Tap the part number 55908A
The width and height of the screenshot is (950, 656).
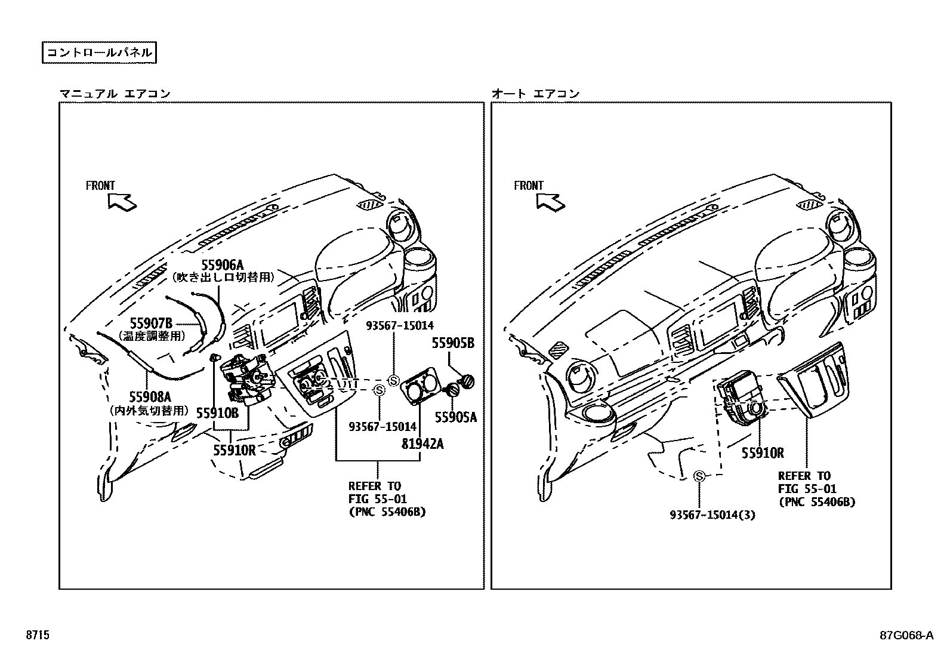[150, 397]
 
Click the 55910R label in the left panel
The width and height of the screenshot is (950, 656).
[234, 450]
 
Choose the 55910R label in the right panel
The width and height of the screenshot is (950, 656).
[763, 453]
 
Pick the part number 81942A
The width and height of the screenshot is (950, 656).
[422, 444]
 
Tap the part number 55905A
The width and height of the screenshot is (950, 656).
[455, 417]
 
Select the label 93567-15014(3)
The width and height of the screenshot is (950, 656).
[712, 515]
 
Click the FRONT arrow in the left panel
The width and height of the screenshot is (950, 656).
[122, 202]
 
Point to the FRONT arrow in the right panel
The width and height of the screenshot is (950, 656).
[550, 202]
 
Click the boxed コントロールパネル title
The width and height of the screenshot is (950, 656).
[100, 53]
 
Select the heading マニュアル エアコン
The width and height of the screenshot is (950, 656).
[115, 94]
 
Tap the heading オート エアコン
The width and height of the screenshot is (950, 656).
[535, 94]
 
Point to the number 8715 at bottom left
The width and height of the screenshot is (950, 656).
[37, 636]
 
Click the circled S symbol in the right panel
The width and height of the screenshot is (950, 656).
[699, 476]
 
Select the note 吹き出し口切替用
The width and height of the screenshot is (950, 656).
[223, 278]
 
